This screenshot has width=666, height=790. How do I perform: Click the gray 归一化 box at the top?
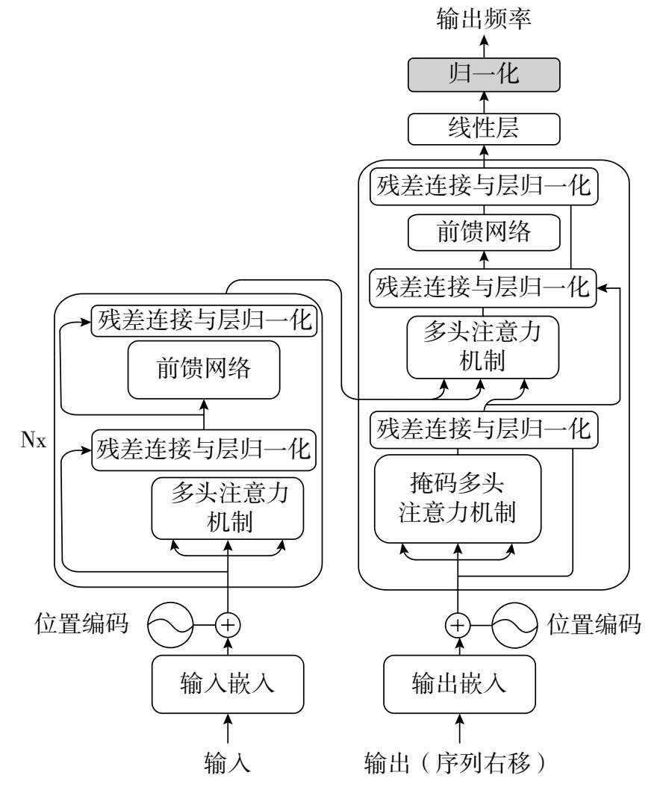coord(484,75)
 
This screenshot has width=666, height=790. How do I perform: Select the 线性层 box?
coord(484,129)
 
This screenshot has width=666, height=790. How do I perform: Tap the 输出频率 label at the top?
coord(484,19)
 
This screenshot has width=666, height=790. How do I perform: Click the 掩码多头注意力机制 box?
coord(458,499)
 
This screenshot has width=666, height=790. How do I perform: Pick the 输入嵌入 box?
coord(228,684)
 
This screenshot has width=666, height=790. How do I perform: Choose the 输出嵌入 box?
coord(459,684)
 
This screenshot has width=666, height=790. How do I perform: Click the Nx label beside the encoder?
coord(34,440)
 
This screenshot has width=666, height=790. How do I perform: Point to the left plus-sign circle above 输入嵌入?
coord(228,625)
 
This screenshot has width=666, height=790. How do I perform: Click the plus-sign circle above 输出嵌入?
coord(458,625)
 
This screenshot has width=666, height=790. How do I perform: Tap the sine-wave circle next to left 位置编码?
coord(170,625)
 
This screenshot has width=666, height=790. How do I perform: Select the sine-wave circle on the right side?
coord(515,625)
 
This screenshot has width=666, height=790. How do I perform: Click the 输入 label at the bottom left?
coord(227,763)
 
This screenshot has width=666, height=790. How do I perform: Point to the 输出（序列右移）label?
coord(455,763)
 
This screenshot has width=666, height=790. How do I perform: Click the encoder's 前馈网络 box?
coord(204,370)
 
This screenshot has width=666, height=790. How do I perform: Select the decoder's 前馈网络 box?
coord(484,232)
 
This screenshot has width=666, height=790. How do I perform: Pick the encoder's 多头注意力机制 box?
coord(228,508)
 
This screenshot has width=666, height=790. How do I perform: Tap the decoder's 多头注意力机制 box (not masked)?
coord(482,347)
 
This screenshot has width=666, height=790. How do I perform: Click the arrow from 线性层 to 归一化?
coord(484,103)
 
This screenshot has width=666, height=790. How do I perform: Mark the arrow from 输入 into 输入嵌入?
coord(228,729)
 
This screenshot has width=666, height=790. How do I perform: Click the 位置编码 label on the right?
coord(594,624)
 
